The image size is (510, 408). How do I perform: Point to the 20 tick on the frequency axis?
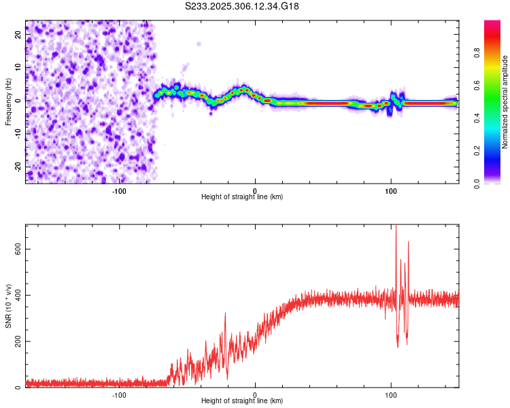click(18, 33)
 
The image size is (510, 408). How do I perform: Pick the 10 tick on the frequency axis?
click(18, 67)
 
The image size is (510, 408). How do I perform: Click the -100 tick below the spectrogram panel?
click(119, 191)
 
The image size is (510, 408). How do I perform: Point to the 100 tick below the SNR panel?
click(391, 395)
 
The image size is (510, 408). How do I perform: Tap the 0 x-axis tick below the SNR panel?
click(255, 395)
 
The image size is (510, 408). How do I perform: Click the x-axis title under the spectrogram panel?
click(242, 197)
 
